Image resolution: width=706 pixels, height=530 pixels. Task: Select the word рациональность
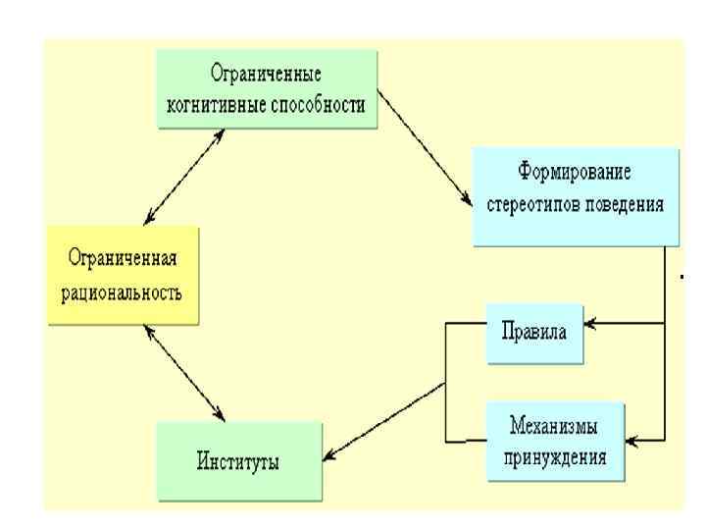click(x=122, y=293)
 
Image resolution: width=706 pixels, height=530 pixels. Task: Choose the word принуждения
click(x=555, y=456)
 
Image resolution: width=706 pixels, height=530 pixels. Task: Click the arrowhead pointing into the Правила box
click(x=590, y=321)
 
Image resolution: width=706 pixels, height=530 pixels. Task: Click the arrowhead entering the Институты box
click(x=331, y=455)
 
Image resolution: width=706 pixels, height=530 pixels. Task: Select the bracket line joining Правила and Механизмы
click(x=446, y=383)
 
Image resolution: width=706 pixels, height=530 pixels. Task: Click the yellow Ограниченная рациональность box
click(x=122, y=276)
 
